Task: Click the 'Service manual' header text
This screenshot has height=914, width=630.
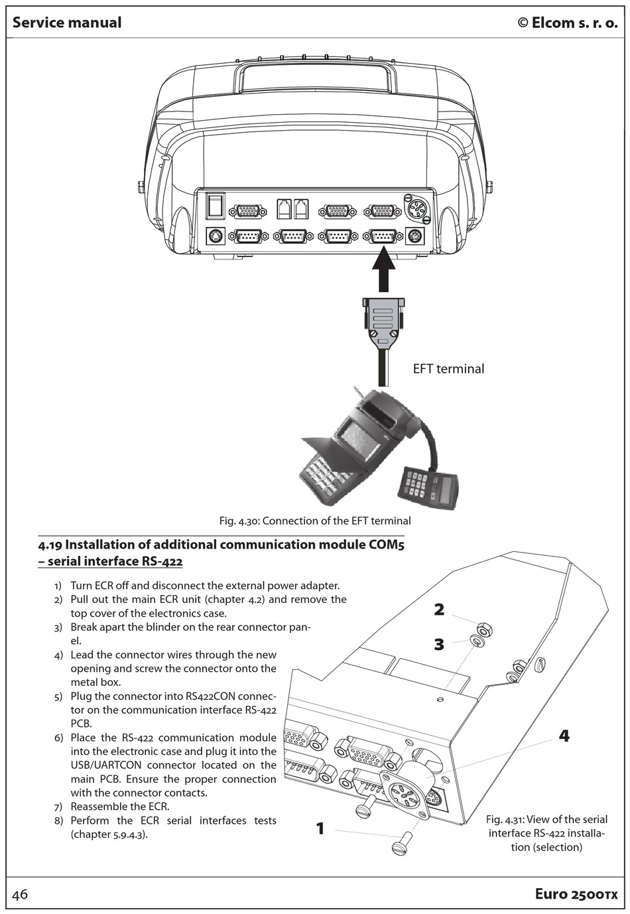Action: [67, 23]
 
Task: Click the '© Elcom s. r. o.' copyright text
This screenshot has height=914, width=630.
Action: [567, 23]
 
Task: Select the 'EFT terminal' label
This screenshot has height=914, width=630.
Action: [448, 369]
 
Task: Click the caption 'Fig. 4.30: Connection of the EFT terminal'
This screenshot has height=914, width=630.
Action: [315, 521]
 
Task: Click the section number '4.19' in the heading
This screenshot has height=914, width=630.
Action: [50, 545]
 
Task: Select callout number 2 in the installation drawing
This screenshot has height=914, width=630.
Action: [439, 610]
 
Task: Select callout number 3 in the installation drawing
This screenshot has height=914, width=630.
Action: [439, 644]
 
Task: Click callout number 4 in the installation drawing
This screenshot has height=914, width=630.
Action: [564, 736]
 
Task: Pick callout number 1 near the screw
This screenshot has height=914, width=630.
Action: [320, 828]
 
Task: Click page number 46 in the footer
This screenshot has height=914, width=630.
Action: [21, 894]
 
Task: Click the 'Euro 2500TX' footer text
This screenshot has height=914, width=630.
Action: [576, 894]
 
